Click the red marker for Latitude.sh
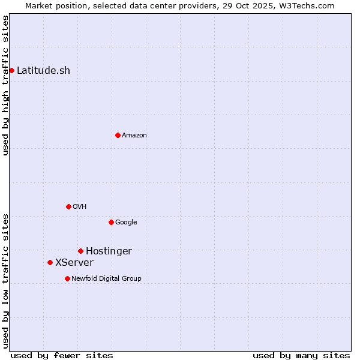click(x=11, y=70)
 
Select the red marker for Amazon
click(x=118, y=135)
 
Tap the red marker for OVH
click(x=68, y=206)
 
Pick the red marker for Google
click(x=111, y=222)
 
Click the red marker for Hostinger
click(x=80, y=251)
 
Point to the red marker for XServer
click(x=50, y=262)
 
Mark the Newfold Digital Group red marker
click(x=67, y=278)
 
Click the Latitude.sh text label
click(x=43, y=70)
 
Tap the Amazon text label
click(x=134, y=135)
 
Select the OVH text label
click(x=80, y=206)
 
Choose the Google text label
click(x=126, y=222)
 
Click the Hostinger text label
click(x=109, y=251)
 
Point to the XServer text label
click(x=74, y=262)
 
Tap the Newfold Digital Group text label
click(x=106, y=278)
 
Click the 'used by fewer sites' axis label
click(x=62, y=355)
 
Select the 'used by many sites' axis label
click(x=301, y=355)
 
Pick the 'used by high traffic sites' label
click(x=5, y=85)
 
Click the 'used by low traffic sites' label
click(x=5, y=281)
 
